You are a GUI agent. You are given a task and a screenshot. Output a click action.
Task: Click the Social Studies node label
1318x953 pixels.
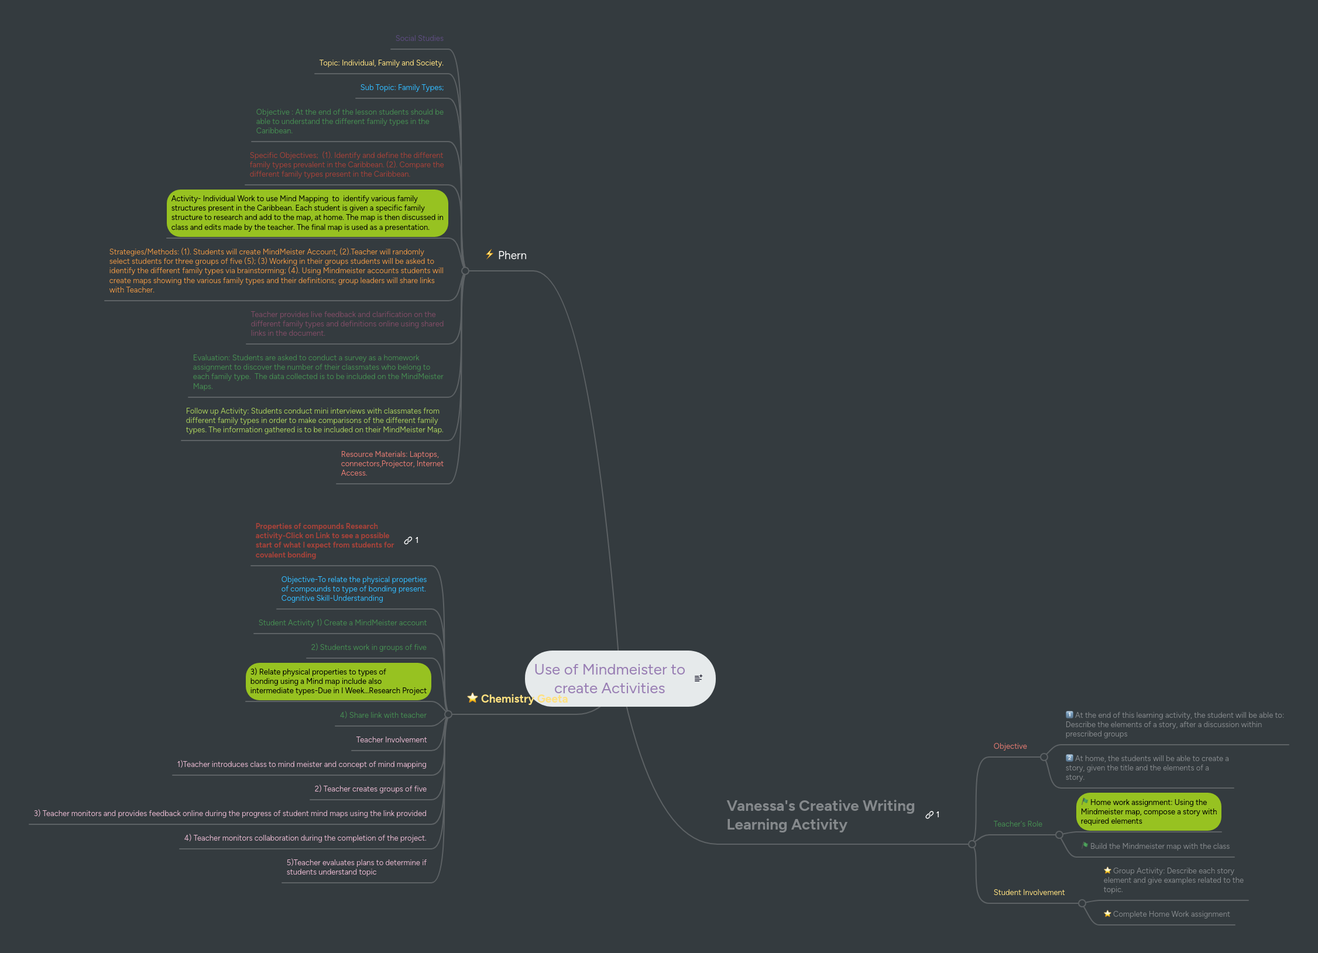419,39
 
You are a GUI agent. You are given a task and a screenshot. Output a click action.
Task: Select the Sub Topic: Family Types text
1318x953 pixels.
401,88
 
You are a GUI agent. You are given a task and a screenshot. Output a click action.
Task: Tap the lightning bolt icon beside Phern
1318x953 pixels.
489,254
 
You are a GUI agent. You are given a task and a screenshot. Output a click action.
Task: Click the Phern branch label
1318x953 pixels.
512,256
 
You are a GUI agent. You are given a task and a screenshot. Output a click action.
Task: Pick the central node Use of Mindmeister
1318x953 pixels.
609,679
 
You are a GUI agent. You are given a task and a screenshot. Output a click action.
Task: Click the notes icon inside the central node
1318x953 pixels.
698,678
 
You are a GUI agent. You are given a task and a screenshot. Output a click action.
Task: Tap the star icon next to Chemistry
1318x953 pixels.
472,698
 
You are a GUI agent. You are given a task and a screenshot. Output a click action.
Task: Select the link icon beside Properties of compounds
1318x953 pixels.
408,541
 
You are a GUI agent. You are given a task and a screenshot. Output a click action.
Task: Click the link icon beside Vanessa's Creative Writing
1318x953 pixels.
929,815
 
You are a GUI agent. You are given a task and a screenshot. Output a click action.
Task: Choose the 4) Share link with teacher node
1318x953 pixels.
383,715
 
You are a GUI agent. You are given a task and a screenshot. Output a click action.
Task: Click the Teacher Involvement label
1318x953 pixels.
391,740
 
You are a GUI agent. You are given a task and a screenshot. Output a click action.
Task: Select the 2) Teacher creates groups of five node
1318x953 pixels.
370,789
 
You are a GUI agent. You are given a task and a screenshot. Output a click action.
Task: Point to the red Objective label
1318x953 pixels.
1010,746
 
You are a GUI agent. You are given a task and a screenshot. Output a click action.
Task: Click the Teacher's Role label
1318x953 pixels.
1017,824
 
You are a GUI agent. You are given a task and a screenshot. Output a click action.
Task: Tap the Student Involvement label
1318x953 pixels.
1028,893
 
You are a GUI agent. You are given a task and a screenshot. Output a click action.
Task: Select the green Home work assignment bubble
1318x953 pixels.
1148,812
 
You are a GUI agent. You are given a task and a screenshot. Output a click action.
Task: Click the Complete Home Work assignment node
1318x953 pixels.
1171,914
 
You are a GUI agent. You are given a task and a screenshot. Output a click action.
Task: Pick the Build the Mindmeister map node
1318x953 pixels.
1159,847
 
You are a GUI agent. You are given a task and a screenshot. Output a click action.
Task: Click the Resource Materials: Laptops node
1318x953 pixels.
392,464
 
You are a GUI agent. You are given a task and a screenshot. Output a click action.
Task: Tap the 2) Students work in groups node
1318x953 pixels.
368,648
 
